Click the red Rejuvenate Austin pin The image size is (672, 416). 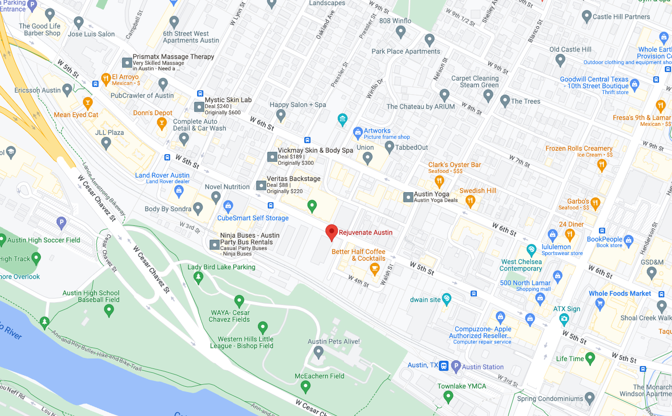[331, 232]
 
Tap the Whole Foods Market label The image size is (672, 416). [620, 294]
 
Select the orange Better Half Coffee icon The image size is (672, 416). [374, 269]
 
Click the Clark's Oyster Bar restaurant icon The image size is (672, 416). [439, 181]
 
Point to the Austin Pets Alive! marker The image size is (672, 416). [318, 352]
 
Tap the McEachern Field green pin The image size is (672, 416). [305, 386]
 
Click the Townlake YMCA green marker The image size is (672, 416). [448, 396]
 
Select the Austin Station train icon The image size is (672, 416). [444, 366]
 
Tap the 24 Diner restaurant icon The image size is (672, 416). [570, 234]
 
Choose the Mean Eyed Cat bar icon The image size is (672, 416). [87, 103]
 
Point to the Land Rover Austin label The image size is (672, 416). [162, 175]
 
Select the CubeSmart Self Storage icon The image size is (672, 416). [228, 207]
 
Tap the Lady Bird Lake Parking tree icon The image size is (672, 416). [198, 277]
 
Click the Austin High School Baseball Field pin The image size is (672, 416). [109, 310]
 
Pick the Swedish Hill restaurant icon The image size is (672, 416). [471, 201]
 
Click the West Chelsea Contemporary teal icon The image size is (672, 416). [531, 250]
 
